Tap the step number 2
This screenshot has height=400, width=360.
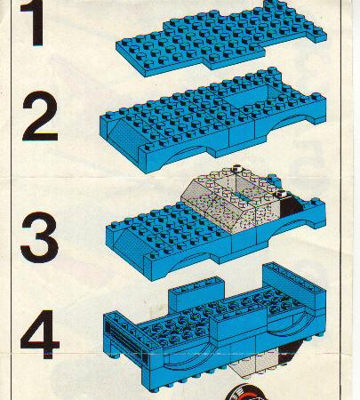(x=40, y=116)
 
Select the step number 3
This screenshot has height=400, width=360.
(x=39, y=237)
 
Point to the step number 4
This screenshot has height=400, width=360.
(x=40, y=334)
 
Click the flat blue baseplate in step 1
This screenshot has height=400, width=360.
(x=220, y=38)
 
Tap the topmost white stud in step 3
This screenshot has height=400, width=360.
(x=237, y=168)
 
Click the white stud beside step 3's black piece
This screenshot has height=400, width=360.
(x=281, y=194)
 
